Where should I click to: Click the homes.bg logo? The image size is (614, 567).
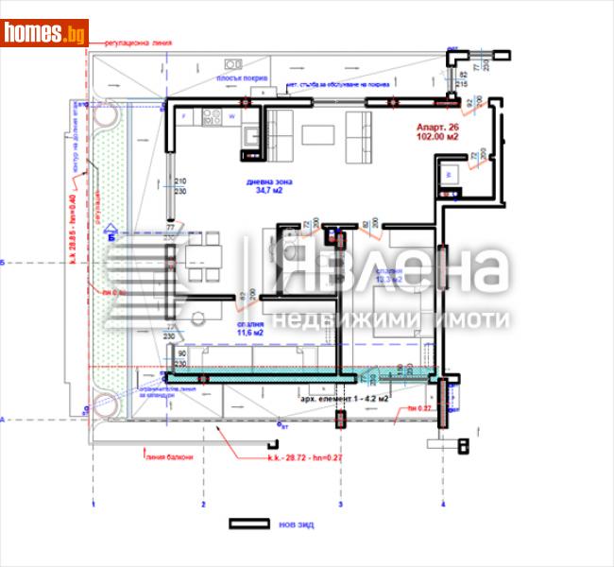(x=45, y=33)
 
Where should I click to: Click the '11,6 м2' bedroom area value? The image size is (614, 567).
(x=249, y=332)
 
